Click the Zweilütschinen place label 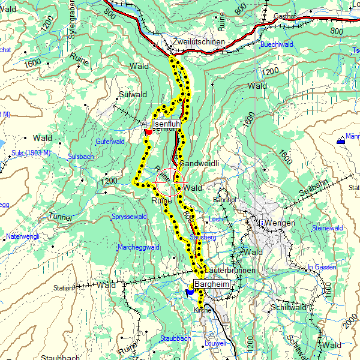198,43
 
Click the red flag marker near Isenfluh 148,132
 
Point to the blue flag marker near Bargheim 190,292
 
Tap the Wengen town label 281,223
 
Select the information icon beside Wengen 262,223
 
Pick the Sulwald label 133,95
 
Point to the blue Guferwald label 110,142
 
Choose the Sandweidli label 198,164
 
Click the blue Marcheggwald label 138,247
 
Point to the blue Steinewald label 328,228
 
